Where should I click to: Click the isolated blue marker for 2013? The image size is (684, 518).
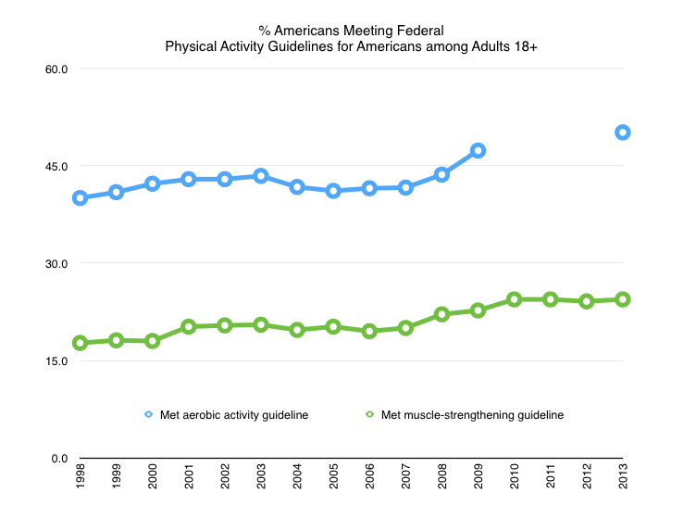point(623,133)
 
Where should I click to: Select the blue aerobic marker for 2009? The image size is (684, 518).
point(478,150)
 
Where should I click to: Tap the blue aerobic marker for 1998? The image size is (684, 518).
point(81,197)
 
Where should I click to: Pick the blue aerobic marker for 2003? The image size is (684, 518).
point(261,175)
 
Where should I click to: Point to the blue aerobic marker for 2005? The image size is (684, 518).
point(333,191)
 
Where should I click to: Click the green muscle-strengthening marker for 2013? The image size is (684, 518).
point(623,299)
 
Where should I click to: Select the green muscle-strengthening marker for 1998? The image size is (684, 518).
point(81,343)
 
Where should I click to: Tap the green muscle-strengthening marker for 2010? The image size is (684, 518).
point(514,299)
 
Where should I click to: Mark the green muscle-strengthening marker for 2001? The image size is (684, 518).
point(189,326)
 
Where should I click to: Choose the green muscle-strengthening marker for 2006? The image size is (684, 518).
point(369,331)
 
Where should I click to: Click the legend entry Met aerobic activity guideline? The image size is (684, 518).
point(226,415)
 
